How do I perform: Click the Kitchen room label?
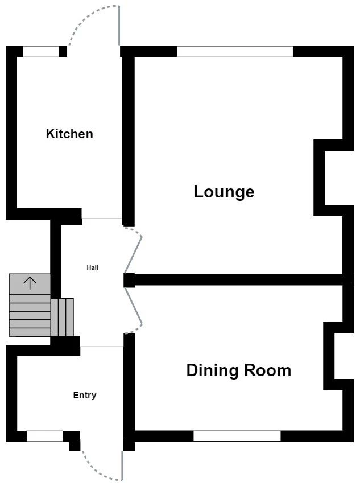point(69,134)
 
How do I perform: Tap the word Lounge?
point(224,192)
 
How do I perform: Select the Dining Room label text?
point(238,370)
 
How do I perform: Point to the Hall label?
point(92,267)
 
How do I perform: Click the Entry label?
point(85,396)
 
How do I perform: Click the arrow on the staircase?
point(30,282)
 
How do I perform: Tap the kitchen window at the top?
point(41,52)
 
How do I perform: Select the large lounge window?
point(235,52)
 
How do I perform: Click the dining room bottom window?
point(237,436)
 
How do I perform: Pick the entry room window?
point(44,436)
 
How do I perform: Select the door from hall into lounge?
point(134,250)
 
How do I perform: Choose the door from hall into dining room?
point(134,310)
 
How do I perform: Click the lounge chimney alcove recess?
point(333,177)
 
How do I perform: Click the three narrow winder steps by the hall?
point(63,317)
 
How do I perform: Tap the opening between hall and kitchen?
point(102,219)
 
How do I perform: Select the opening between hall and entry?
point(102,346)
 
